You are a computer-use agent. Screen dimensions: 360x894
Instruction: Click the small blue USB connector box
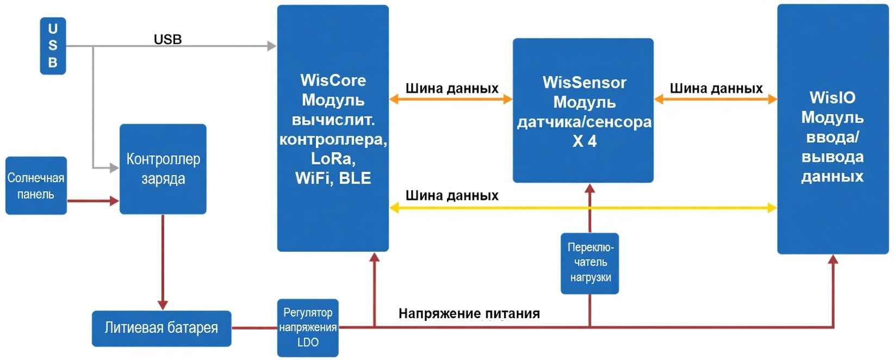[x=53, y=46]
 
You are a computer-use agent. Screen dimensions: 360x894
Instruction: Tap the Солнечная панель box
[x=36, y=185]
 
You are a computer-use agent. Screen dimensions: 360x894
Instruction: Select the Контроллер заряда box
[x=163, y=169]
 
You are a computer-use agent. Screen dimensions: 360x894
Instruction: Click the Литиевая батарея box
[x=162, y=328]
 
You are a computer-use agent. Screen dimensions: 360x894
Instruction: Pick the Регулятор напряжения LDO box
[x=308, y=327]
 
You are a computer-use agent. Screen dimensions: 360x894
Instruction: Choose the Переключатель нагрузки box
[x=590, y=263]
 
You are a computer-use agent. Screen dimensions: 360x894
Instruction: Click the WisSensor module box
[x=583, y=110]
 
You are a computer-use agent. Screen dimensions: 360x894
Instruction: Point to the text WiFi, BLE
[x=333, y=178]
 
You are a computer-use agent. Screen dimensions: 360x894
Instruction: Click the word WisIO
[x=832, y=98]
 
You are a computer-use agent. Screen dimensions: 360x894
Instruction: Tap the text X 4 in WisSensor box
[x=585, y=141]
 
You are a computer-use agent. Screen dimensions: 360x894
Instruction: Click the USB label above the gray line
[x=167, y=39]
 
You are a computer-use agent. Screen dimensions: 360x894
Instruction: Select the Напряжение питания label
[x=469, y=313]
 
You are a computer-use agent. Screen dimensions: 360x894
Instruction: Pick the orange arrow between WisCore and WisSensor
[x=451, y=99]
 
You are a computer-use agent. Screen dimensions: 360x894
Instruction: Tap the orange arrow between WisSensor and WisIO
[x=716, y=99]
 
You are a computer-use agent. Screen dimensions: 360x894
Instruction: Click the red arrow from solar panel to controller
[x=92, y=201]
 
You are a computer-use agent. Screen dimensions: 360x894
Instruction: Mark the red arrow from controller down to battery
[x=163, y=261]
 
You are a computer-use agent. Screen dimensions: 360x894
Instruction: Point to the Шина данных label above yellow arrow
[x=452, y=195]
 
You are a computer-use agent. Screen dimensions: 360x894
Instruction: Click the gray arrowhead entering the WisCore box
[x=272, y=46]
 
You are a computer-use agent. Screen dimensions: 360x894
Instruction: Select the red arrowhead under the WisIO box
[x=833, y=259]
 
